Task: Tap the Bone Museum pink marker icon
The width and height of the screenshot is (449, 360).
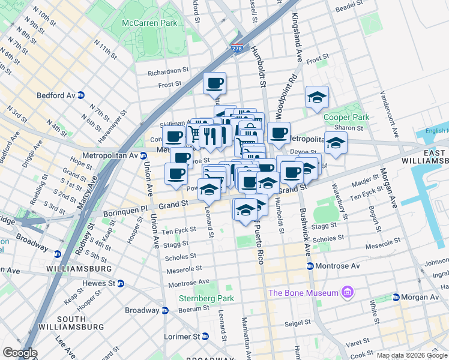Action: pyautogui.click(x=347, y=293)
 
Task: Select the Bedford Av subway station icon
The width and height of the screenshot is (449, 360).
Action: pyautogui.click(x=81, y=95)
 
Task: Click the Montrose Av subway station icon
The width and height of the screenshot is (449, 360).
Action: pyautogui.click(x=310, y=266)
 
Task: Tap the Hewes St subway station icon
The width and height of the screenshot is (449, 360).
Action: pyautogui.click(x=121, y=283)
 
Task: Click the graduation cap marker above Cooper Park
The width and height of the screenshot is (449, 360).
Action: pyautogui.click(x=317, y=96)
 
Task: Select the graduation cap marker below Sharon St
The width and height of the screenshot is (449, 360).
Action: pyautogui.click(x=336, y=142)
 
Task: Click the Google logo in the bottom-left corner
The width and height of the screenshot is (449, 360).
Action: pyautogui.click(x=20, y=353)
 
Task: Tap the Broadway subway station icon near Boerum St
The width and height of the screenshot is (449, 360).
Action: pyautogui.click(x=164, y=310)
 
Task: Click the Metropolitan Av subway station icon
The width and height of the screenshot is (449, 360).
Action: pyautogui.click(x=143, y=155)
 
